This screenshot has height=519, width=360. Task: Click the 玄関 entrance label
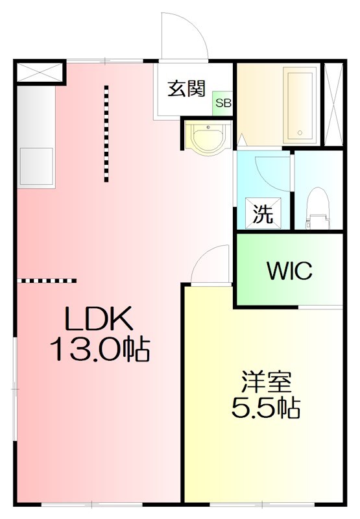click(187, 89)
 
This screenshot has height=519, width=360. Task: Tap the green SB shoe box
click(223, 103)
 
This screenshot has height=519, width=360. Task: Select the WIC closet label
click(289, 271)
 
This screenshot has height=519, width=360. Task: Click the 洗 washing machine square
click(263, 213)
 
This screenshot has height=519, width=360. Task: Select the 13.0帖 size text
click(100, 348)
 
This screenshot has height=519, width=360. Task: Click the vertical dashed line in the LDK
click(106, 134)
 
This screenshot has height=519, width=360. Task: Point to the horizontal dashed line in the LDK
click(47, 281)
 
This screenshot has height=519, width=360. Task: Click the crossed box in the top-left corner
click(40, 72)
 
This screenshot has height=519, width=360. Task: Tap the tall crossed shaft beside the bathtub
click(333, 104)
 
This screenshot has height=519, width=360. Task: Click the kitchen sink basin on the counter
click(36, 167)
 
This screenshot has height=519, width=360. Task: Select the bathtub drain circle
click(300, 133)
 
